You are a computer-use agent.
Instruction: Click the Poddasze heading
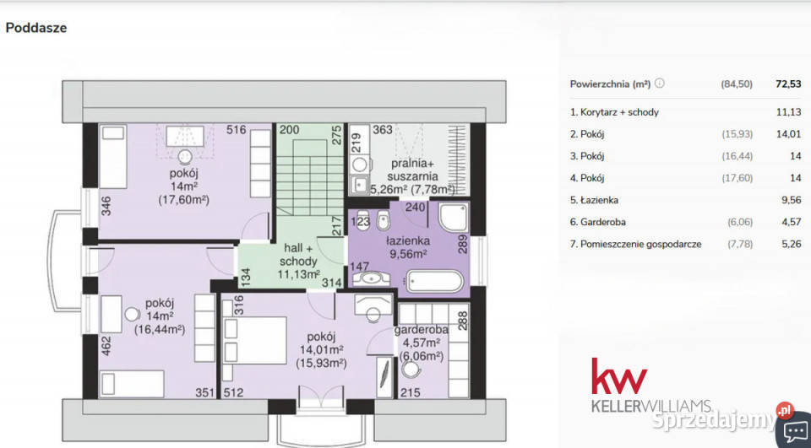click(x=35, y=28)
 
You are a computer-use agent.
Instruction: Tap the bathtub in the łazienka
click(x=434, y=281)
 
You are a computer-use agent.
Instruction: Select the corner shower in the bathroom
click(x=453, y=217)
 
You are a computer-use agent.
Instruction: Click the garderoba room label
click(x=421, y=330)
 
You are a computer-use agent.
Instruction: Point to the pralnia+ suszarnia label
click(x=413, y=170)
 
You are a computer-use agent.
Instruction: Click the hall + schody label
click(x=298, y=254)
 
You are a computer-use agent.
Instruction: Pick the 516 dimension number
click(x=237, y=130)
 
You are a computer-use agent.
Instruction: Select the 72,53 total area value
click(x=788, y=84)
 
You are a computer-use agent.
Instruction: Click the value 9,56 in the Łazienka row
click(x=792, y=200)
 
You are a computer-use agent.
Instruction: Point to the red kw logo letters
click(x=619, y=375)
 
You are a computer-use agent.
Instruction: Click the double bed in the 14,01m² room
click(x=254, y=341)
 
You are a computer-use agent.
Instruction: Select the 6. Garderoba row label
click(x=598, y=222)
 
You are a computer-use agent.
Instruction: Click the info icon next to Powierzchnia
click(x=660, y=84)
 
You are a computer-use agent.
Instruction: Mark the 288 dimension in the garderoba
click(x=463, y=321)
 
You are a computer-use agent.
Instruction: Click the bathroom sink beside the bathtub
click(x=371, y=279)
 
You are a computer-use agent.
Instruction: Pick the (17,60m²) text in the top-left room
click(x=183, y=200)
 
